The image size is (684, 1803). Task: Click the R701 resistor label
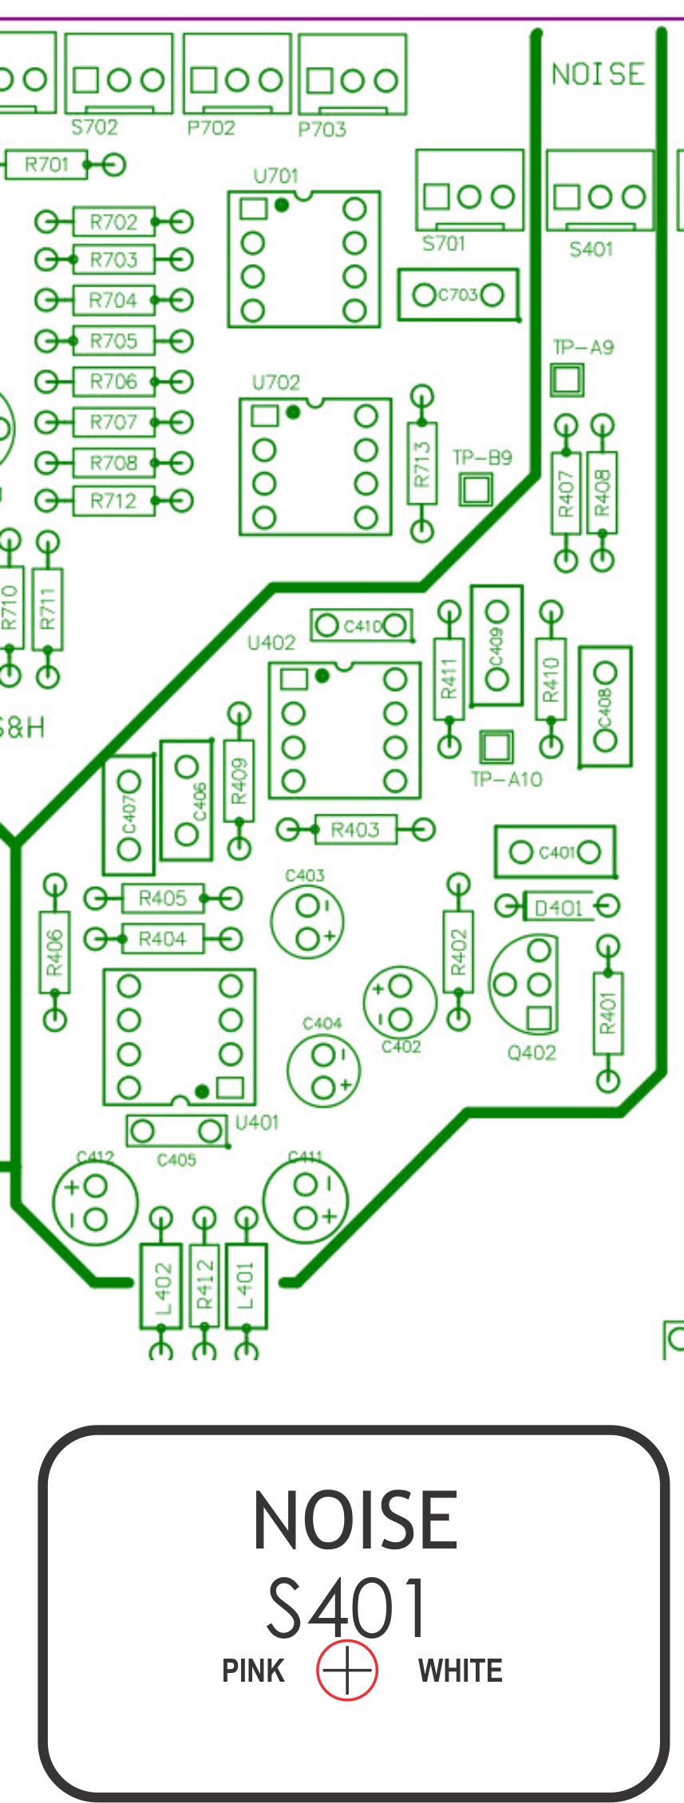pyautogui.click(x=46, y=165)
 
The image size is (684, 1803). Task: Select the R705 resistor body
pyautogui.click(x=113, y=341)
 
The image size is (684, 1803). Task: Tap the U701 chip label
pyautogui.click(x=275, y=176)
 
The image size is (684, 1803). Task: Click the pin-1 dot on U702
pyautogui.click(x=293, y=412)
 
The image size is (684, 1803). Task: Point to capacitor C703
pyautogui.click(x=458, y=295)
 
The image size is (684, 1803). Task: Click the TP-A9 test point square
pyautogui.click(x=567, y=380)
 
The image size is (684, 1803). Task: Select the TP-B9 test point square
pyautogui.click(x=476, y=489)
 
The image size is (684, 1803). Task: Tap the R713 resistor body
pyautogui.click(x=422, y=463)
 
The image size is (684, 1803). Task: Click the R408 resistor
pyautogui.click(x=603, y=492)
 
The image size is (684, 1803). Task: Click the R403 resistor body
pyautogui.click(x=355, y=830)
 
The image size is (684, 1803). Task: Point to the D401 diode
pyautogui.click(x=558, y=907)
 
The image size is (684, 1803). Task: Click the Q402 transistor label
pyautogui.click(x=532, y=1053)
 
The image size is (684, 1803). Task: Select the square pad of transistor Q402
pyautogui.click(x=540, y=1018)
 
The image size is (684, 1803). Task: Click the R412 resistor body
pyautogui.click(x=204, y=1284)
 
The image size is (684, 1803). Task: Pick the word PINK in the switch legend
pyautogui.click(x=253, y=1670)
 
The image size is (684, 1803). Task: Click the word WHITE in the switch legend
pyautogui.click(x=461, y=1670)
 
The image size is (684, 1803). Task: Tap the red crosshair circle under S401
pyautogui.click(x=346, y=1670)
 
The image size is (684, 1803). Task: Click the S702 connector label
pyautogui.click(x=94, y=127)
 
